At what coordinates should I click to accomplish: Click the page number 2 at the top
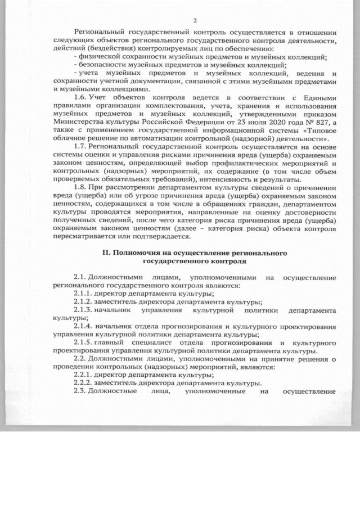point(195,20)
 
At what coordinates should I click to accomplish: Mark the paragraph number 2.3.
point(81,391)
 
